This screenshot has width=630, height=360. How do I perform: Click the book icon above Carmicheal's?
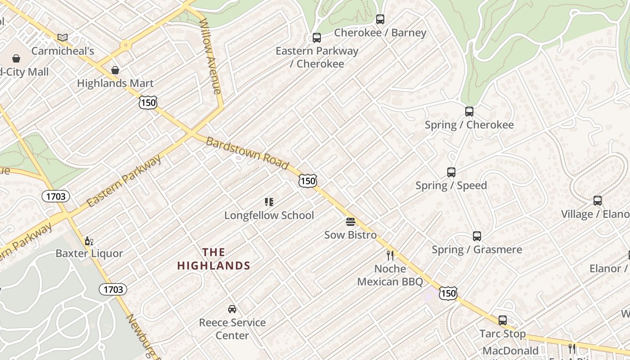63,37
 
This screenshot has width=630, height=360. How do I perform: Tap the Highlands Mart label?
115,83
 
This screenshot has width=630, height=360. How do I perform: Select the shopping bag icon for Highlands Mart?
115,70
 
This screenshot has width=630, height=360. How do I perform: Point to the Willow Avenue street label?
210,56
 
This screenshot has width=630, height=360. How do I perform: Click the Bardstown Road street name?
247,154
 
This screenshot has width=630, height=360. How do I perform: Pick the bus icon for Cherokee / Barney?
380,19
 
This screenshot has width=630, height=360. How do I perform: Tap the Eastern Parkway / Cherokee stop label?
317,57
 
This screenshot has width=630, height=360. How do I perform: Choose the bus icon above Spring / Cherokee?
469,111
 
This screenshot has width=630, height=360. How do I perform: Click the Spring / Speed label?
451,185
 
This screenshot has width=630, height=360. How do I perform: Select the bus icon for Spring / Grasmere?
477,236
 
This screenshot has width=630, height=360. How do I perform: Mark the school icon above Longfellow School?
269,202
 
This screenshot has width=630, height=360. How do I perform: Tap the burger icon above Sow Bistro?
351,221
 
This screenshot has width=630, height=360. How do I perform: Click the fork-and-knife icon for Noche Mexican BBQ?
390,256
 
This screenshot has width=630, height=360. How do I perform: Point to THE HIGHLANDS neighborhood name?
214,259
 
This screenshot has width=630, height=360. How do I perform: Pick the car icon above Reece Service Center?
232,309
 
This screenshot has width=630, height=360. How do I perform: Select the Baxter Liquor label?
89,253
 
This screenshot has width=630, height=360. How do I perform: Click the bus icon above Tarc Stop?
503,320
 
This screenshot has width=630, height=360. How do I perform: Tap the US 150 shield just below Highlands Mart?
148,103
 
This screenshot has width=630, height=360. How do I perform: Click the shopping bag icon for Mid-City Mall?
16,58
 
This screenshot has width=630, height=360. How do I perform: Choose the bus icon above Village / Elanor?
598,201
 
